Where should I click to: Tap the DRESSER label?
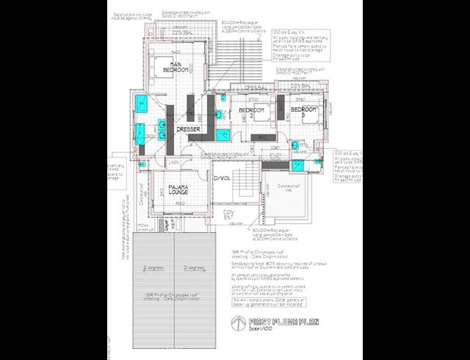pos(189,129)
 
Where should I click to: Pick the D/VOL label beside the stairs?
pos(222,179)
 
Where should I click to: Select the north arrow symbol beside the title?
pos(236,324)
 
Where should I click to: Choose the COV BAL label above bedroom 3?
pos(300,86)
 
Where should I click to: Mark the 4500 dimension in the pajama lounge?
pos(180,203)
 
